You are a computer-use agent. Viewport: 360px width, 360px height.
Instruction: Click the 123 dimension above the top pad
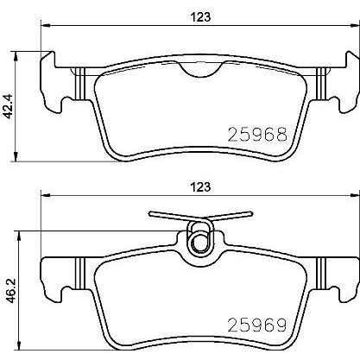point(201,17)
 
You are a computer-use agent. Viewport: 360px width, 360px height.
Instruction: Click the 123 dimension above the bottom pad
point(201,187)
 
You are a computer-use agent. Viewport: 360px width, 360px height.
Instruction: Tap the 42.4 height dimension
point(9,107)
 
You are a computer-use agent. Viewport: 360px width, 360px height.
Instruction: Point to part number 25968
point(257,135)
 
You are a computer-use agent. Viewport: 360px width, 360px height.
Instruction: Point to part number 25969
point(257,325)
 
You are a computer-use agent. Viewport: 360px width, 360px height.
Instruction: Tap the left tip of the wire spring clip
point(150,213)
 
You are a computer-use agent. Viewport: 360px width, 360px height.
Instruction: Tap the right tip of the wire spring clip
point(251,213)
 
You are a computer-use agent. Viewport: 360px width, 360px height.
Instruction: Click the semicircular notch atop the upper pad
point(201,70)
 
